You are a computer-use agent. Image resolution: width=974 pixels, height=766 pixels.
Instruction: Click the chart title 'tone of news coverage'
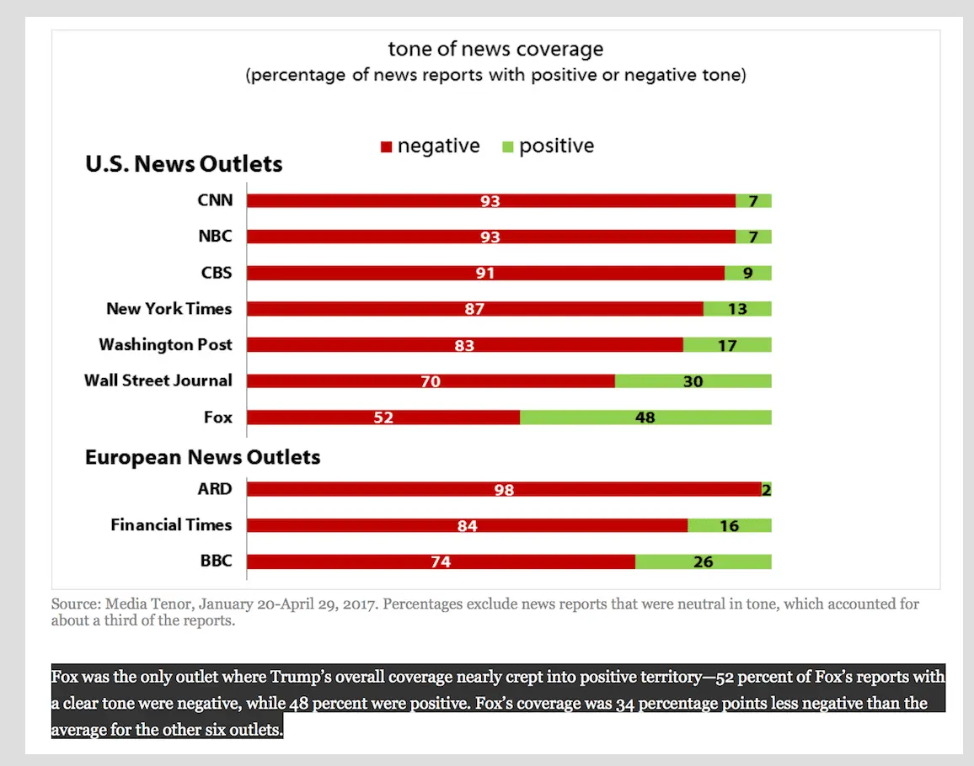pos(495,49)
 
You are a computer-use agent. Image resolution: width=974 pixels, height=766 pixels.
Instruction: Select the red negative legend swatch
pos(387,147)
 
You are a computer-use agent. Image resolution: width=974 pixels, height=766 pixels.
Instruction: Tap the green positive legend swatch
pos(508,147)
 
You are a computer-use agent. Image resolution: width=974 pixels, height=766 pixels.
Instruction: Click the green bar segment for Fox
pos(645,418)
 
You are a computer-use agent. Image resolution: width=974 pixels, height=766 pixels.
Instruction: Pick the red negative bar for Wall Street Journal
pos(431,381)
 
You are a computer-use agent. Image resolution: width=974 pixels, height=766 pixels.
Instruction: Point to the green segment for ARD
pos(767,489)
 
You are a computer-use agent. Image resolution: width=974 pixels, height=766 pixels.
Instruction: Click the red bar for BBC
pos(441,561)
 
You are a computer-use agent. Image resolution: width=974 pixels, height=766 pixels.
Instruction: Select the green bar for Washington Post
pos(727,345)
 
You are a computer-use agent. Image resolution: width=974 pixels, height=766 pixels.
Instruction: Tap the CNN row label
pos(215,200)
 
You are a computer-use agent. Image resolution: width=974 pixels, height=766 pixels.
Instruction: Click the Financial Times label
pos(171,524)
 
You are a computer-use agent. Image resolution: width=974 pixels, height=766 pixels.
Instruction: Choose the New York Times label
pos(169,309)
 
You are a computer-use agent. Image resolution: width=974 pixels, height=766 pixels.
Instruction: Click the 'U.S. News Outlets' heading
pos(184,163)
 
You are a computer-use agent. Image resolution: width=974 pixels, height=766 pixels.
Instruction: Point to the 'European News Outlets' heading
pos(202,457)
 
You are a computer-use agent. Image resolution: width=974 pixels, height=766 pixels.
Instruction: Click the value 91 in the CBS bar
pos(485,274)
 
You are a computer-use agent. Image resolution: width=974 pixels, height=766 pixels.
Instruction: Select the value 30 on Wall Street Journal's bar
pos(693,381)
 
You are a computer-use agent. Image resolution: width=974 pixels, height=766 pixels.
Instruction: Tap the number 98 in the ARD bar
pos(504,489)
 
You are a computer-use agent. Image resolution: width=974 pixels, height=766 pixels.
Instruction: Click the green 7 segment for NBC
pos(753,237)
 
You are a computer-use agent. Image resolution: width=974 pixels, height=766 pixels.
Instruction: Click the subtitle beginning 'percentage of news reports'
pos(495,75)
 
